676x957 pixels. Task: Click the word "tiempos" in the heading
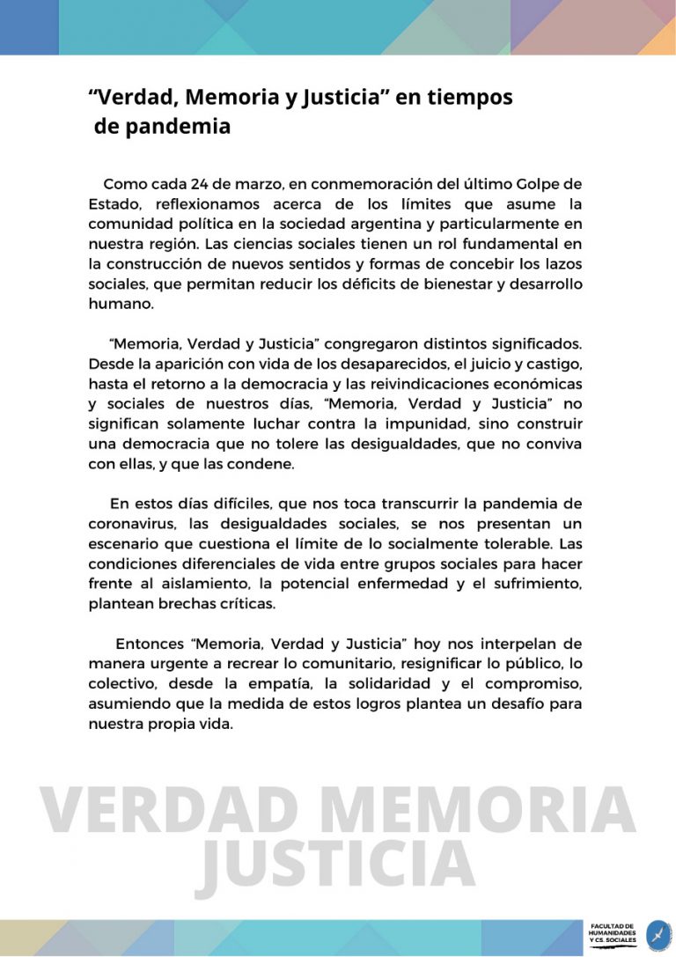(470, 98)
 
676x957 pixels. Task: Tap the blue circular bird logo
(658, 935)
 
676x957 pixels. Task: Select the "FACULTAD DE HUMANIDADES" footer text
(613, 931)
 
